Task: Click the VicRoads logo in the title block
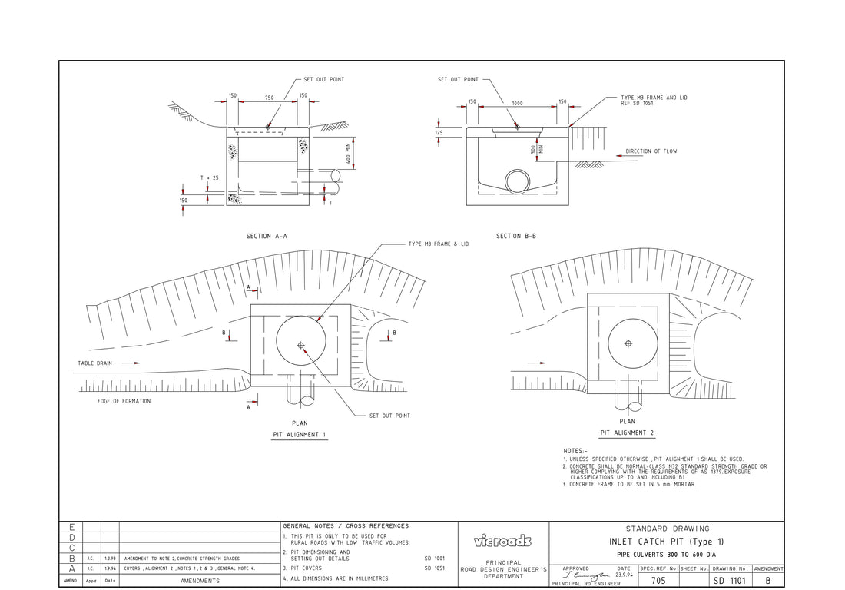pyautogui.click(x=503, y=541)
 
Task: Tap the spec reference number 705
pyautogui.click(x=658, y=581)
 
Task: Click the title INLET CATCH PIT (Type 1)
pyautogui.click(x=666, y=542)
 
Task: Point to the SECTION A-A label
pyautogui.click(x=267, y=237)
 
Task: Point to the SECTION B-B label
pyautogui.click(x=516, y=237)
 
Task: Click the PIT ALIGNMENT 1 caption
pyautogui.click(x=300, y=435)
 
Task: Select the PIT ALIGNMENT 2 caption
pyautogui.click(x=627, y=433)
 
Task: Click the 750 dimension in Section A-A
pyautogui.click(x=268, y=98)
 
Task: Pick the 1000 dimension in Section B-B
pyautogui.click(x=517, y=103)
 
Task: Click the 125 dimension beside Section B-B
pyautogui.click(x=438, y=133)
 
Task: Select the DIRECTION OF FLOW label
pyautogui.click(x=651, y=151)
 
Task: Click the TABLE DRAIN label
pyautogui.click(x=94, y=363)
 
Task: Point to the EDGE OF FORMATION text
pyautogui.click(x=124, y=401)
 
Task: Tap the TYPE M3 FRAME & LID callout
pyautogui.click(x=438, y=244)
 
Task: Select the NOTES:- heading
pyautogui.click(x=575, y=451)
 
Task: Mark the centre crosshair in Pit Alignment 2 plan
pyautogui.click(x=628, y=343)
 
